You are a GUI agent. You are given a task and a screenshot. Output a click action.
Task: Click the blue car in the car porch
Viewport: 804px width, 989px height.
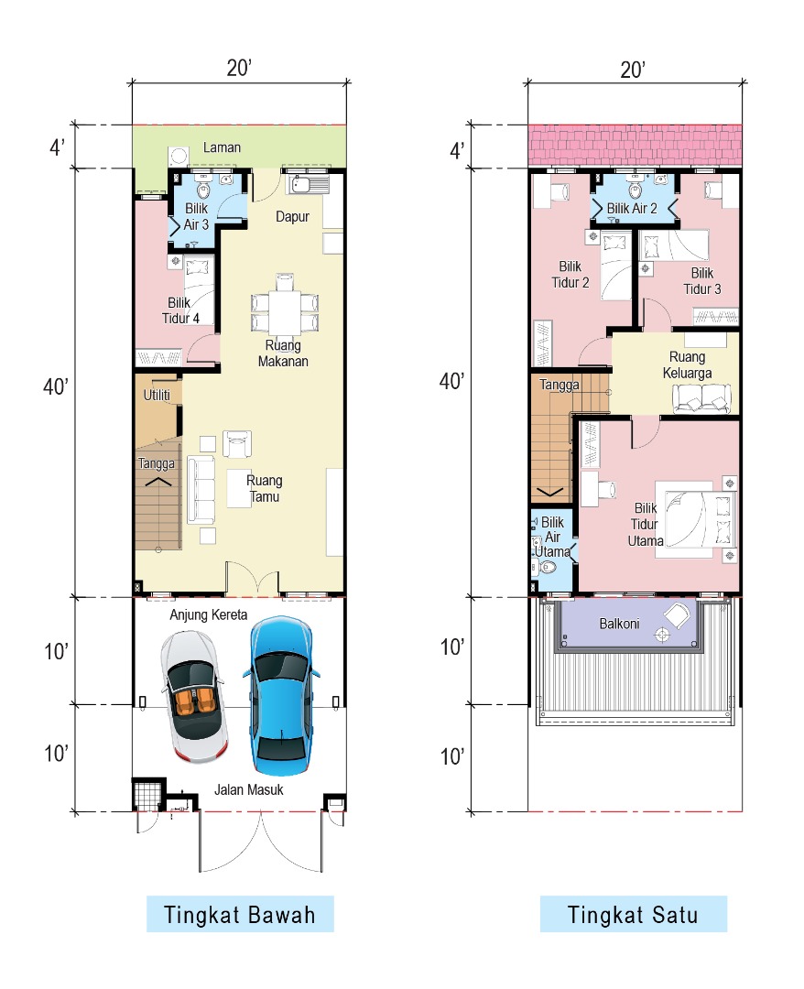tap(280, 696)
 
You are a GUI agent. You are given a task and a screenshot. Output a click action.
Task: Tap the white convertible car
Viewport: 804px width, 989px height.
tap(194, 696)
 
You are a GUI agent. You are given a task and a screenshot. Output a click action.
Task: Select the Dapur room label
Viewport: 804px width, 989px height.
tap(293, 217)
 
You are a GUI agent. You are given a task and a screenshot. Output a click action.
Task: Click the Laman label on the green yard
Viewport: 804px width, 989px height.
tap(222, 147)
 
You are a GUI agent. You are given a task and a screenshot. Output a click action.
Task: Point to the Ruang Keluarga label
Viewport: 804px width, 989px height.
tap(688, 365)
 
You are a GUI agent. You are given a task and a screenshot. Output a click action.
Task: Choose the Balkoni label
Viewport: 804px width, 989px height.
tap(619, 624)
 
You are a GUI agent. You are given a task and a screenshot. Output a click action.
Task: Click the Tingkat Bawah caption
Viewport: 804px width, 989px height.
tap(240, 915)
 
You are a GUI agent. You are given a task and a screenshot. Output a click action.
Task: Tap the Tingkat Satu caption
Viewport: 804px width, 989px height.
tap(633, 915)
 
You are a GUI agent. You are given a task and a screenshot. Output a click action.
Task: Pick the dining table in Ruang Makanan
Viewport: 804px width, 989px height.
tap(285, 304)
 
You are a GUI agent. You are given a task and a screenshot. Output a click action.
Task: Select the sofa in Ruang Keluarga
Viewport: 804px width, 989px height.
tap(701, 398)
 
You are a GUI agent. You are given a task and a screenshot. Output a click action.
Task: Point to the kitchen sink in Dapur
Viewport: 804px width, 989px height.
tap(310, 185)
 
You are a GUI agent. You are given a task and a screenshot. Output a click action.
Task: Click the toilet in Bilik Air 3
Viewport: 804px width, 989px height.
tap(203, 189)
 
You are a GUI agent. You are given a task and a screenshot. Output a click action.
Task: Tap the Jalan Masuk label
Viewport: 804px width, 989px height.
tap(248, 789)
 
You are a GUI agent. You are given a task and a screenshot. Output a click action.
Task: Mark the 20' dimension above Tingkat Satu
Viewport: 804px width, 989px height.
tap(633, 70)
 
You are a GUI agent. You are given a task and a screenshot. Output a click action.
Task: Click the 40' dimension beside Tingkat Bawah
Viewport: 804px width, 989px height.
tap(56, 386)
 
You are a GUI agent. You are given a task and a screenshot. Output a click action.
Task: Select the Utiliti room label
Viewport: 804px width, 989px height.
tap(157, 395)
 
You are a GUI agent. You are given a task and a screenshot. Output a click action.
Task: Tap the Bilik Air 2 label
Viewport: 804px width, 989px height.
tap(632, 209)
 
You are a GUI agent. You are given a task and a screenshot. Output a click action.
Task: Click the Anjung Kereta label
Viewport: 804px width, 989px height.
tap(208, 615)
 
